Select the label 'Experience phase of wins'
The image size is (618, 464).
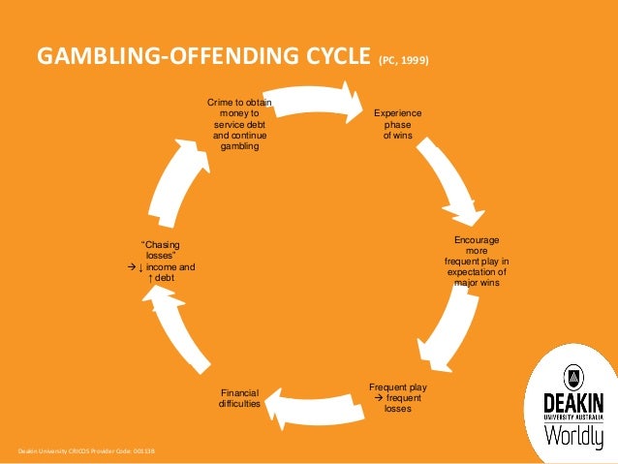click(397, 124)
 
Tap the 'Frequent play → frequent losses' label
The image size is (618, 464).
click(397, 398)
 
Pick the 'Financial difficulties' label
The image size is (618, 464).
click(239, 397)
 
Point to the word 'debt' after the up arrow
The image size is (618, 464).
click(166, 278)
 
